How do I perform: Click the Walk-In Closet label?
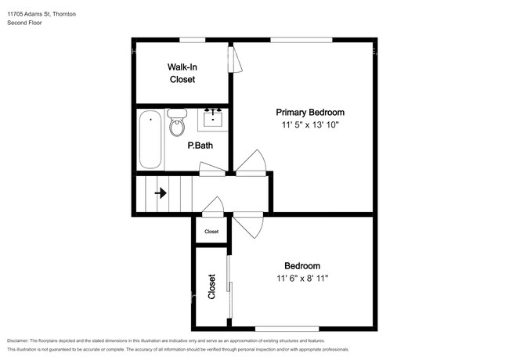[x=182, y=74]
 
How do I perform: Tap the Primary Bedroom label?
[x=310, y=113]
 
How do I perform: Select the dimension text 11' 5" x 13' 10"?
[x=310, y=125]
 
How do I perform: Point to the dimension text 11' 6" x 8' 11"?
[x=302, y=279]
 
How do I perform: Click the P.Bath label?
[x=200, y=146]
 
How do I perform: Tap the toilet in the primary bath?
[x=177, y=122]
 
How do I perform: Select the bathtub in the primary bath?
[x=150, y=139]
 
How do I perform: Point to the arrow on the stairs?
[x=161, y=193]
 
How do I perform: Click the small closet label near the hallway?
[x=211, y=232]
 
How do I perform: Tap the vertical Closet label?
[x=211, y=286]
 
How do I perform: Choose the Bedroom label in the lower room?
[x=302, y=266]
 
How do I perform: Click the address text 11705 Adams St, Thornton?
[x=42, y=14]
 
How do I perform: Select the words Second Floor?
[x=24, y=23]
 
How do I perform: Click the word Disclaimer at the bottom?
[x=18, y=341]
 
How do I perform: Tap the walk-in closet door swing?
[x=235, y=59]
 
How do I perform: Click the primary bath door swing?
[x=212, y=168]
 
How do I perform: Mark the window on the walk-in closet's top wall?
[x=193, y=40]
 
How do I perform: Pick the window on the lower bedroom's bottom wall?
[x=287, y=329]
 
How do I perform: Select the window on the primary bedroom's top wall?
[x=301, y=40]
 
